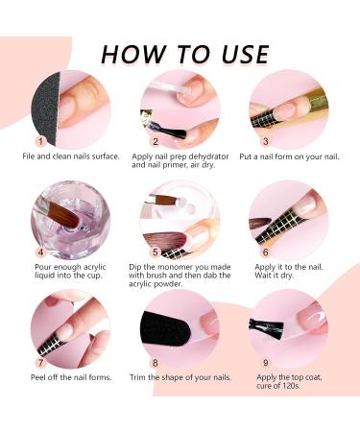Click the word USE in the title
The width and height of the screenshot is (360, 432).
(x=245, y=54)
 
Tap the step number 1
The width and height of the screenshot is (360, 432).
(x=40, y=141)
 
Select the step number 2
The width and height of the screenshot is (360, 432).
(x=156, y=141)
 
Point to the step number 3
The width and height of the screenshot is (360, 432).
(x=266, y=141)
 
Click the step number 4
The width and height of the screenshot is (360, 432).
(x=40, y=252)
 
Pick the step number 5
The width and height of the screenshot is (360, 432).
(x=156, y=252)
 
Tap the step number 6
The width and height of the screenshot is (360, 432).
(x=266, y=252)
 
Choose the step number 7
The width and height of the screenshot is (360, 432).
(x=40, y=363)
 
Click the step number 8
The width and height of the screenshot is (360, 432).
(x=156, y=363)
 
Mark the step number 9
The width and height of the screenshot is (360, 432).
(x=266, y=363)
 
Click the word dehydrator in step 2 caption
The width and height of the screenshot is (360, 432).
(x=208, y=156)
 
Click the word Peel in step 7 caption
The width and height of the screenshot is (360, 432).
(x=38, y=377)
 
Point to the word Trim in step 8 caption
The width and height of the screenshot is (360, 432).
(x=137, y=377)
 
